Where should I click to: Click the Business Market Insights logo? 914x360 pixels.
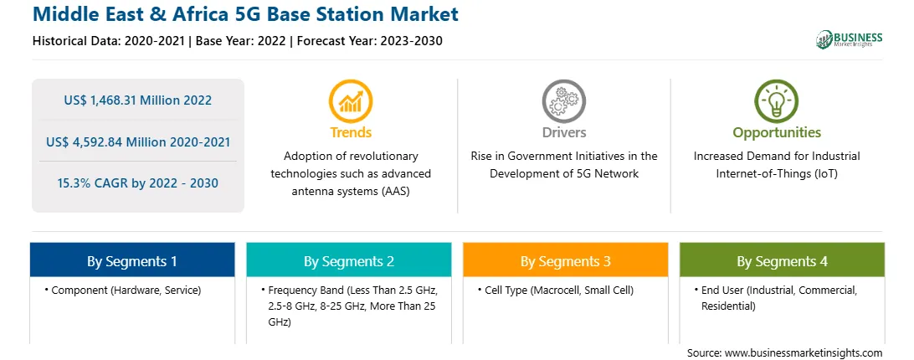[x=850, y=39]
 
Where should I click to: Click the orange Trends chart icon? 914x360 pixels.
[x=351, y=100]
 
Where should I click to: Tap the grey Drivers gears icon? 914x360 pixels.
[x=563, y=100]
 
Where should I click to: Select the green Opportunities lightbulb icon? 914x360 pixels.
[x=777, y=100]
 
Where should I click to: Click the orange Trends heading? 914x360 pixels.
[x=351, y=132]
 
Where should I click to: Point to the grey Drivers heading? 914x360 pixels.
[x=563, y=132]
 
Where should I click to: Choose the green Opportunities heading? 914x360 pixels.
[x=777, y=133]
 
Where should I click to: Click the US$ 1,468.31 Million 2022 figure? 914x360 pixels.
[x=137, y=100]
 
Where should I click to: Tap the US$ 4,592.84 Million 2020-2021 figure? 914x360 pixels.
[x=137, y=141]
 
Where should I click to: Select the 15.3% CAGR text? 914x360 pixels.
[x=137, y=183]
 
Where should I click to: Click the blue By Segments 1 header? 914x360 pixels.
[x=132, y=261]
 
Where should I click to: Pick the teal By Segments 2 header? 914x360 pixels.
[x=348, y=261]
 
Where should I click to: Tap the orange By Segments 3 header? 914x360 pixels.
[x=566, y=261]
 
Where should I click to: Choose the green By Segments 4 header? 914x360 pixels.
[x=782, y=261]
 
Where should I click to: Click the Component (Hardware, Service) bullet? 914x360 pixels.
[x=122, y=291]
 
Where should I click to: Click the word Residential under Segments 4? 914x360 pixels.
[x=728, y=306]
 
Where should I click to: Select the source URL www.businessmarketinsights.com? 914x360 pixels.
[x=804, y=352]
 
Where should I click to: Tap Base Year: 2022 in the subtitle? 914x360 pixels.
[x=241, y=41]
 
